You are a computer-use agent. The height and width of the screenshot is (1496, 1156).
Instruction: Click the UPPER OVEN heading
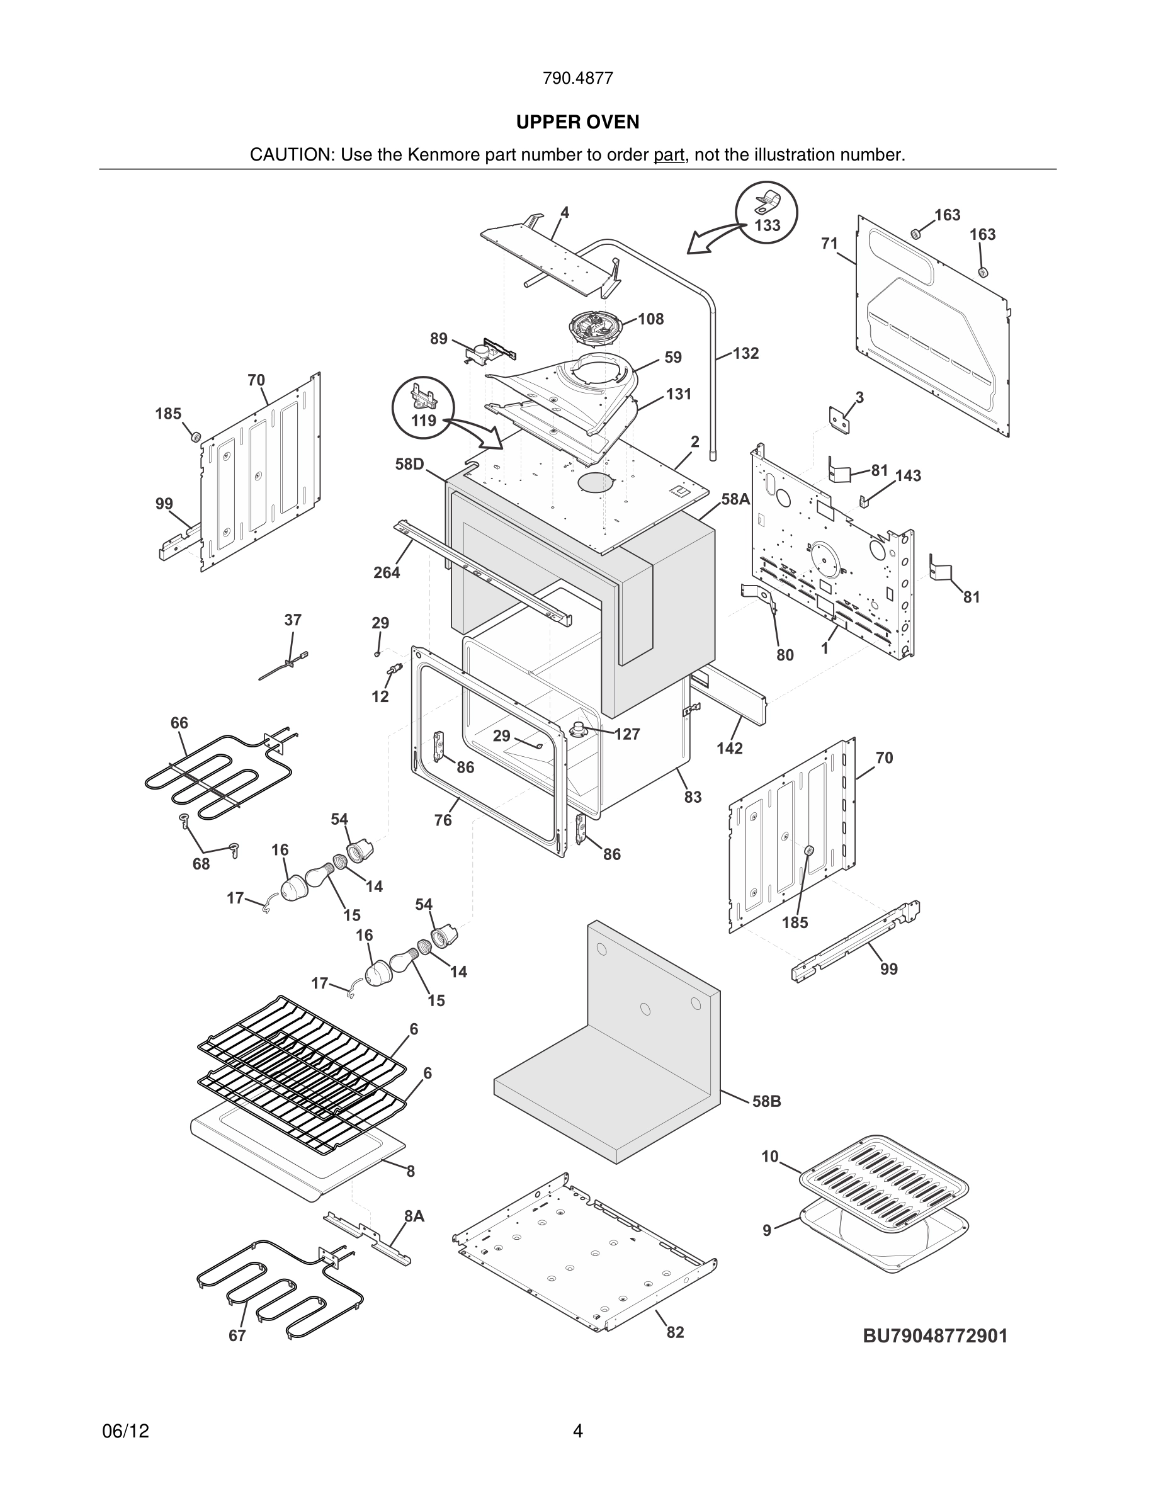click(x=577, y=122)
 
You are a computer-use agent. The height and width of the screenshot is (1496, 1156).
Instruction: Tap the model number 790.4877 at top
click(x=577, y=78)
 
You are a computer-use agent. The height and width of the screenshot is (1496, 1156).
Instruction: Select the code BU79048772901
click(x=935, y=1335)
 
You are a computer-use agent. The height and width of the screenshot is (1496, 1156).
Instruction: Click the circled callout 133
click(x=766, y=212)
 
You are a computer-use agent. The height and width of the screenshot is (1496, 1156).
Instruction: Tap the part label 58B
click(x=766, y=1101)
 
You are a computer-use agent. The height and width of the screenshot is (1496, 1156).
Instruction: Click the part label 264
click(x=386, y=572)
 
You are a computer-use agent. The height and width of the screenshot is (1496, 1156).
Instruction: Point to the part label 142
click(x=729, y=748)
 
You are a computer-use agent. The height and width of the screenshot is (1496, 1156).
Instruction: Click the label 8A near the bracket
click(x=414, y=1216)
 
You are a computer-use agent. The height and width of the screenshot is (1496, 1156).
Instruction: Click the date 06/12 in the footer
click(x=125, y=1431)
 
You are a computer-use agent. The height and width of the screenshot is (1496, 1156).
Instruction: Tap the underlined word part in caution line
click(x=669, y=155)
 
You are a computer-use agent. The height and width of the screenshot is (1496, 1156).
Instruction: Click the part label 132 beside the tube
click(x=745, y=353)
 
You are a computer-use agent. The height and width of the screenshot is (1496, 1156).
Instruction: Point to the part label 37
click(x=292, y=620)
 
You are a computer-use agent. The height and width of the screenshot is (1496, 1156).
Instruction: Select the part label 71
click(x=829, y=243)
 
